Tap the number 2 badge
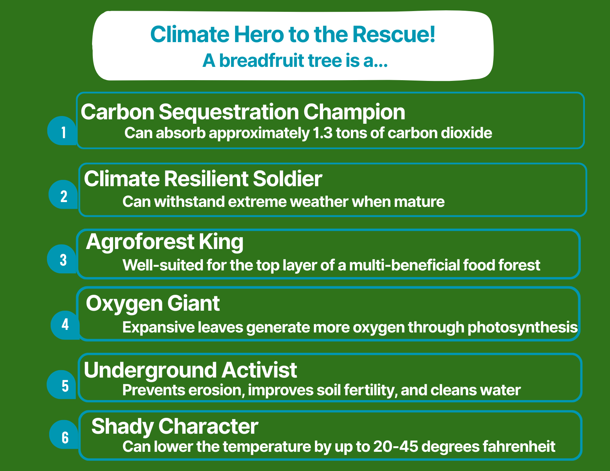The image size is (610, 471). pyautogui.click(x=64, y=194)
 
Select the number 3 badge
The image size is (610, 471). pyautogui.click(x=62, y=259)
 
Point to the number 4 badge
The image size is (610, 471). pyautogui.click(x=65, y=325)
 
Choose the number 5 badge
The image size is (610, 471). pyautogui.click(x=62, y=385)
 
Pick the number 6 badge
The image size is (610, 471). pyautogui.click(x=64, y=434)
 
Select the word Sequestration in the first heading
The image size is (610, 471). pyautogui.click(x=229, y=112)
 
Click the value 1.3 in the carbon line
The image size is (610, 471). pyautogui.click(x=323, y=133)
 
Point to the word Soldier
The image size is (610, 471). pyautogui.click(x=287, y=178)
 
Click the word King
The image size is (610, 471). pyautogui.click(x=221, y=242)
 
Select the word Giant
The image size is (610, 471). pyautogui.click(x=193, y=304)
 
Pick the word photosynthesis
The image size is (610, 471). pyautogui.click(x=522, y=328)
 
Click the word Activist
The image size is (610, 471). pyautogui.click(x=259, y=370)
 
